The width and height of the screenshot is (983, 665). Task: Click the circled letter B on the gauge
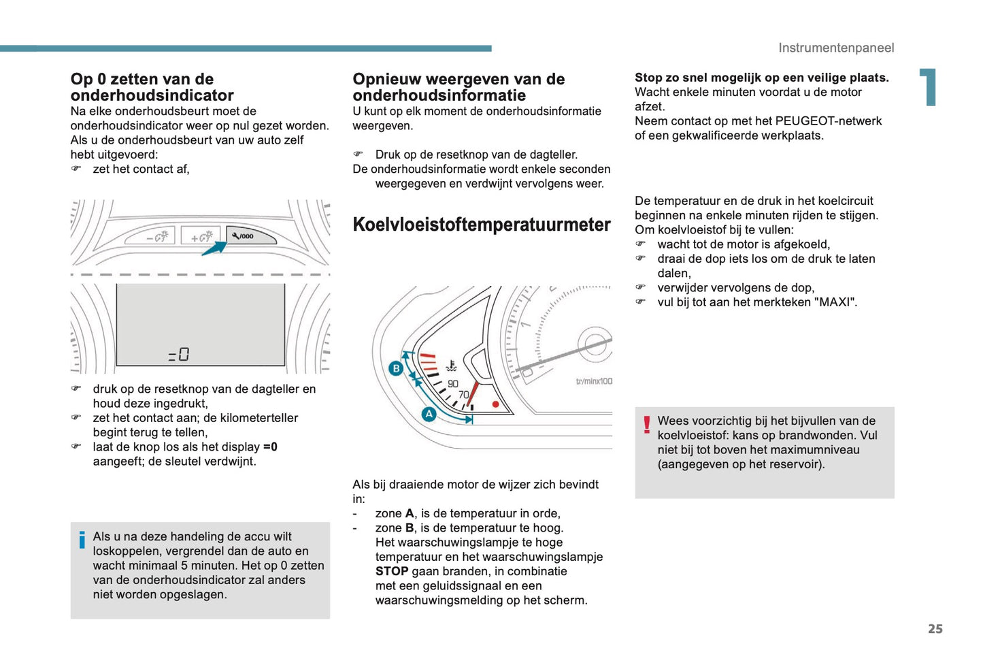coord(396,369)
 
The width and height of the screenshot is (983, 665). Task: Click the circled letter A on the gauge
coord(429,414)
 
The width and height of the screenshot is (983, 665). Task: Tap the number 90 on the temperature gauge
coord(453,384)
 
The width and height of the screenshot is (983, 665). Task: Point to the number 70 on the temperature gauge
coord(463,395)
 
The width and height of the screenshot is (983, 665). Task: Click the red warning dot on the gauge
coord(496,404)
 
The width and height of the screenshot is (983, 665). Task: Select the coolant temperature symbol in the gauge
coord(451,367)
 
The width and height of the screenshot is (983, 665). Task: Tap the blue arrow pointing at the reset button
coord(214,248)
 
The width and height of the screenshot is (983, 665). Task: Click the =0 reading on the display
coord(179,355)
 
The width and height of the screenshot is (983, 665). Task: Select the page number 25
coord(935,629)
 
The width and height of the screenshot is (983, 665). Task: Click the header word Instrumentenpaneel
coord(836,48)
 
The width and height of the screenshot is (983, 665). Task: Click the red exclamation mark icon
coord(646,425)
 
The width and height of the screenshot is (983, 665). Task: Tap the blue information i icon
coord(82,540)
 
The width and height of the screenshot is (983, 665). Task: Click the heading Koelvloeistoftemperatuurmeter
coord(482,225)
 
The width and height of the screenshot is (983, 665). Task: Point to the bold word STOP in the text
coord(392,571)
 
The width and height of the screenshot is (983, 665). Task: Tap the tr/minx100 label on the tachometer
coord(594,381)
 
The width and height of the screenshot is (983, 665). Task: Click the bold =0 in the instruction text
coord(270,447)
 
